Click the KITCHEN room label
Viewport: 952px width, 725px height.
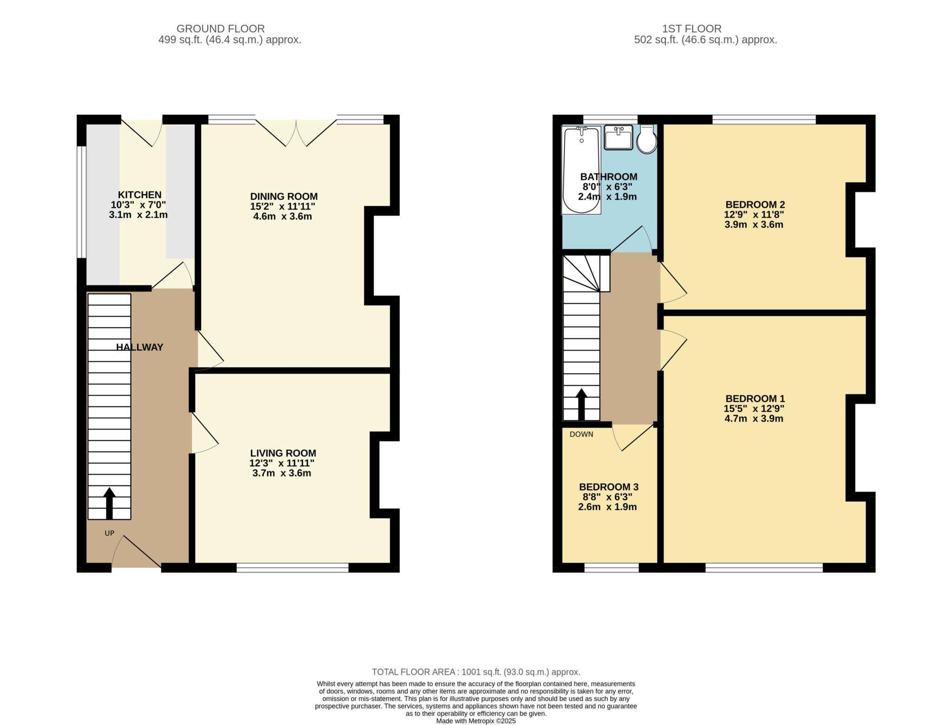139,195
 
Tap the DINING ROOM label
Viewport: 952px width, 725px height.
284,197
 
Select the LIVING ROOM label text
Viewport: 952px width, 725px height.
283,453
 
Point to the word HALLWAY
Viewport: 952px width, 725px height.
139,347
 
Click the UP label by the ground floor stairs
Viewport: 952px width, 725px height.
109,533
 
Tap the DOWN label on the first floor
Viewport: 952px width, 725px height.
582,434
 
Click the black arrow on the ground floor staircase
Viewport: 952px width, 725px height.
109,503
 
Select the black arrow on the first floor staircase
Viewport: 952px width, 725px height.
581,404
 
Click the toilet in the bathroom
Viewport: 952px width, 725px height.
647,139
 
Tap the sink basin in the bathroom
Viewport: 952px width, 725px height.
619,137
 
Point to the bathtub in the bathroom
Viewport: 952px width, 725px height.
581,170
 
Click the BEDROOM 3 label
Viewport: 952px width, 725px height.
608,487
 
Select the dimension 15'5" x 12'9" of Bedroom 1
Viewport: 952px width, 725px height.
754,409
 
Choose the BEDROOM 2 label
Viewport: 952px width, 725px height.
755,204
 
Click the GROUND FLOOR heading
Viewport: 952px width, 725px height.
220,29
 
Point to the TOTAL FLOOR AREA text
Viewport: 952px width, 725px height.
476,672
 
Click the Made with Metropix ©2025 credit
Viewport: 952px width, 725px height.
476,721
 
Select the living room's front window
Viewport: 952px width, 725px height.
292,567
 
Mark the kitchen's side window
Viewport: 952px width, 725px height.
81,202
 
